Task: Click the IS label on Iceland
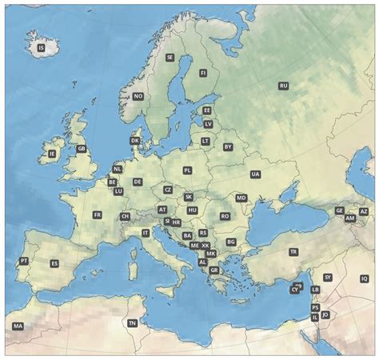(x=42, y=48)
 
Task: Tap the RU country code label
(x=283, y=86)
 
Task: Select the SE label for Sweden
(x=170, y=58)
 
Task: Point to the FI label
(x=203, y=73)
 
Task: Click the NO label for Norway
(x=138, y=96)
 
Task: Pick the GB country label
(x=81, y=149)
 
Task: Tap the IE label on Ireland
(x=53, y=154)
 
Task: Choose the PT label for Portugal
(x=23, y=261)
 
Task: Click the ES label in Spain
(x=54, y=263)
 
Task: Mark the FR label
(x=97, y=215)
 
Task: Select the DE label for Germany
(x=138, y=182)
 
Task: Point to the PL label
(x=187, y=170)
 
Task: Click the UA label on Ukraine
(x=255, y=174)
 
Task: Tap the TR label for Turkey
(x=293, y=252)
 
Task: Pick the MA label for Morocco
(x=18, y=326)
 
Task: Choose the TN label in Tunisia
(x=133, y=323)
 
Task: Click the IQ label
(x=364, y=278)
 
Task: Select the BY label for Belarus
(x=228, y=147)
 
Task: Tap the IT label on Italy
(x=146, y=233)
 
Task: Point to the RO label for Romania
(x=225, y=216)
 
